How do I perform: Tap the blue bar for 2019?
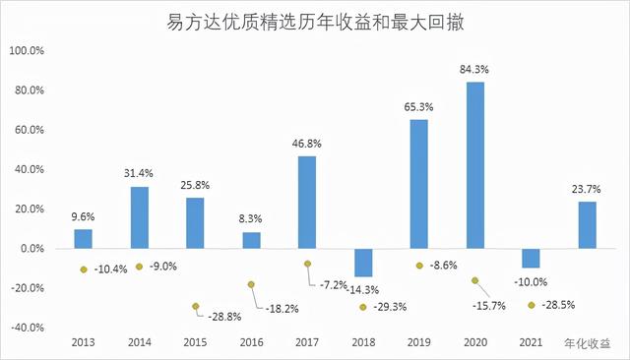tap(419, 184)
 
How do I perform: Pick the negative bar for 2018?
tap(363, 263)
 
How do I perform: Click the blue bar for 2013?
tap(84, 239)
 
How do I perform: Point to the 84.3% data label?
tap(474, 70)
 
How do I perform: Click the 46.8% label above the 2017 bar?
tap(307, 144)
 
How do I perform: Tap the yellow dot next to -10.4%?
tap(84, 270)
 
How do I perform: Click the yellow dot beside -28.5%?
tap(532, 305)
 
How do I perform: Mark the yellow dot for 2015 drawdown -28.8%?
tap(196, 306)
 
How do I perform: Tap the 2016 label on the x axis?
tap(252, 343)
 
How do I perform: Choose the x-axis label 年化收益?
tap(587, 343)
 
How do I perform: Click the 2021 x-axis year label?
tap(531, 343)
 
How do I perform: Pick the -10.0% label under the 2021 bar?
tap(532, 283)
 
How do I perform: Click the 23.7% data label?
tap(587, 190)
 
